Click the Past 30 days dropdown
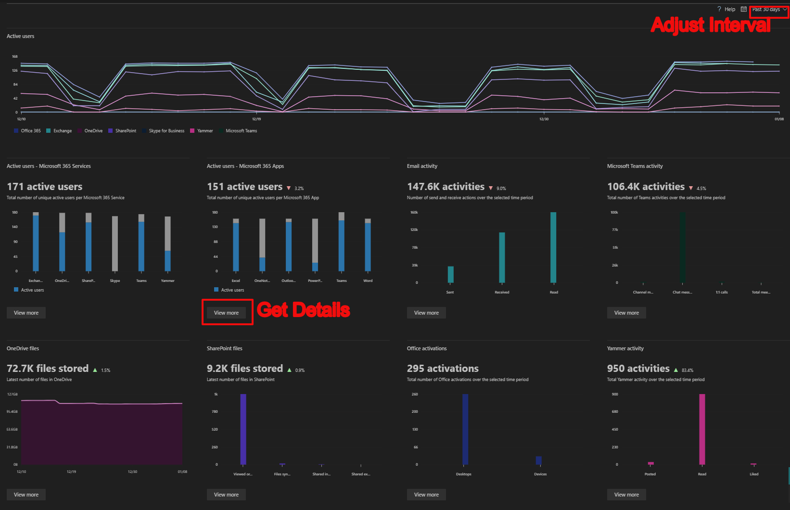[769, 9]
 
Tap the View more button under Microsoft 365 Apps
[226, 313]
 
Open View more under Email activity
[426, 313]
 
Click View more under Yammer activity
[626, 495]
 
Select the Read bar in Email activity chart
[553, 247]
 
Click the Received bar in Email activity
[502, 257]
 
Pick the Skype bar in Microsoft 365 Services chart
[115, 243]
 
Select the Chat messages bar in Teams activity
[682, 247]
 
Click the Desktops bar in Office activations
[465, 429]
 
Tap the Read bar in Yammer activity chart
[702, 429]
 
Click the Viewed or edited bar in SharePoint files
[243, 429]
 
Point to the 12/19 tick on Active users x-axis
[256, 119]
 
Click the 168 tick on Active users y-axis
[14, 57]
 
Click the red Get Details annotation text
[303, 310]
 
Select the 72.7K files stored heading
[48, 369]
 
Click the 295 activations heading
[443, 369]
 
